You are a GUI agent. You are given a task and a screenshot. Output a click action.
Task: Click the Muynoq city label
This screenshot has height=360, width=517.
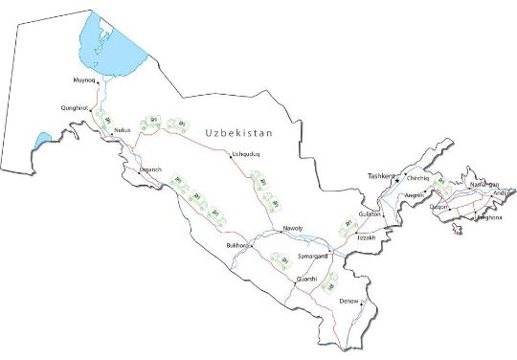tap(84, 80)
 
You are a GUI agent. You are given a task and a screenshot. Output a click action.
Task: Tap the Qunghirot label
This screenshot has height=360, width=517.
tap(75, 108)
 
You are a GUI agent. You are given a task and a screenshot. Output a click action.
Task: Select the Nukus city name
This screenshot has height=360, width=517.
tap(122, 129)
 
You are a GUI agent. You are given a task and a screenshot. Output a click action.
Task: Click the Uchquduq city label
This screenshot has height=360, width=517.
tap(246, 154)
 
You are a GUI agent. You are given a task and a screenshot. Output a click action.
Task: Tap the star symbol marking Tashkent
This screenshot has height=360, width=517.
tap(396, 180)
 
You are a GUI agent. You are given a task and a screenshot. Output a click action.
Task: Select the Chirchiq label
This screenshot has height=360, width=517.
tap(418, 178)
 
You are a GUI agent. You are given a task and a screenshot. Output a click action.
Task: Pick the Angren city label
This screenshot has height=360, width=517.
tap(415, 195)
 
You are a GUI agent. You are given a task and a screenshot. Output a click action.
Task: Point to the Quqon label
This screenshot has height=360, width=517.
tap(438, 206)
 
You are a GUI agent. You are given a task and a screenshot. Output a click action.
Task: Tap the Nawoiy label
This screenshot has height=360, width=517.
tap(292, 228)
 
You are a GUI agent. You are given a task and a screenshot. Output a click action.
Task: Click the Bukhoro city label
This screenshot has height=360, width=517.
tap(236, 246)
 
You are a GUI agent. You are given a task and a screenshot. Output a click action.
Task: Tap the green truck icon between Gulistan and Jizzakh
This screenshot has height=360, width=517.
tap(348, 226)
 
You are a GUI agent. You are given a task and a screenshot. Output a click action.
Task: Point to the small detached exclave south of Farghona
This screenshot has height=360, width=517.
tap(458, 230)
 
